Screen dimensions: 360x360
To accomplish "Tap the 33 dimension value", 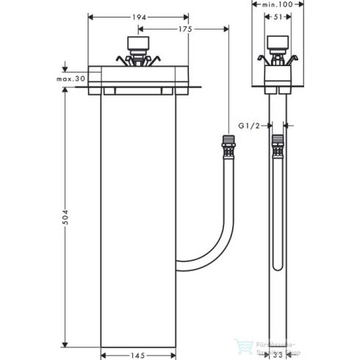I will (278, 355).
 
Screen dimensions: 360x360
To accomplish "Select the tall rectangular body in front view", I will (138, 220).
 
